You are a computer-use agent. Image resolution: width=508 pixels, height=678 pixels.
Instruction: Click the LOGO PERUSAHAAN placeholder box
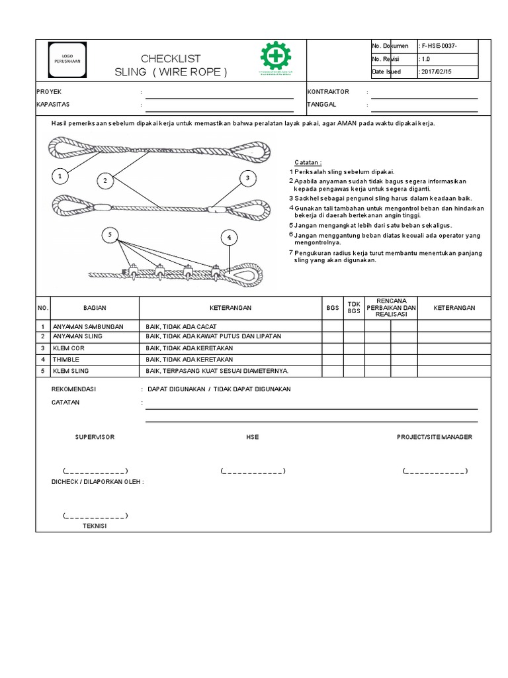[67, 59]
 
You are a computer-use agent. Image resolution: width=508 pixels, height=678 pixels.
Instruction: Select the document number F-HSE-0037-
[439, 46]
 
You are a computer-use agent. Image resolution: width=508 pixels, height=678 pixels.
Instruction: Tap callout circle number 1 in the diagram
[60, 176]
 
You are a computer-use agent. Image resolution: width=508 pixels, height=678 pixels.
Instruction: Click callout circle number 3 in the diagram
[247, 178]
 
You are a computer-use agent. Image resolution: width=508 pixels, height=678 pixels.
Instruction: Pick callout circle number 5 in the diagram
[110, 234]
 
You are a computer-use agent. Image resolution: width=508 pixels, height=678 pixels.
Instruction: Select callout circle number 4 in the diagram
[229, 237]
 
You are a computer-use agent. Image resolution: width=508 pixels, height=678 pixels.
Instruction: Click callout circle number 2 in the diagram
[105, 179]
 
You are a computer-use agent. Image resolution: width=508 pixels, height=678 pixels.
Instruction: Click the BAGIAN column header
[95, 308]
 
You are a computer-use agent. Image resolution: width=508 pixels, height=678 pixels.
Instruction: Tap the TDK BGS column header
[354, 308]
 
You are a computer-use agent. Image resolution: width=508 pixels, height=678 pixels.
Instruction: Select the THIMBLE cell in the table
[65, 359]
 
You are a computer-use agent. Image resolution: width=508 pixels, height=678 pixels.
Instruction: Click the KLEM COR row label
[67, 348]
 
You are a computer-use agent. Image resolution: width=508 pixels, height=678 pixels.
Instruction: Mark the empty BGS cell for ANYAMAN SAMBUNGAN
[332, 326]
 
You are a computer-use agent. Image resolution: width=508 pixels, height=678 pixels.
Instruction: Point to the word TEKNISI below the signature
[95, 526]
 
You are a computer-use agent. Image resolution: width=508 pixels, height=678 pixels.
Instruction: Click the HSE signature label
[252, 437]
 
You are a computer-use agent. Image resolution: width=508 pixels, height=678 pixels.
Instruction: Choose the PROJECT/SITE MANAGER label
[434, 437]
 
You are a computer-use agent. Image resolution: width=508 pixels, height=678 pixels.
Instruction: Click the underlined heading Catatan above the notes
[308, 163]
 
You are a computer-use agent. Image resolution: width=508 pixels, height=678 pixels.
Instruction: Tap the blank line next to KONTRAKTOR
[424, 92]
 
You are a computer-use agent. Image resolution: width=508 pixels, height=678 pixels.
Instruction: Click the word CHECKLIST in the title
[171, 59]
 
